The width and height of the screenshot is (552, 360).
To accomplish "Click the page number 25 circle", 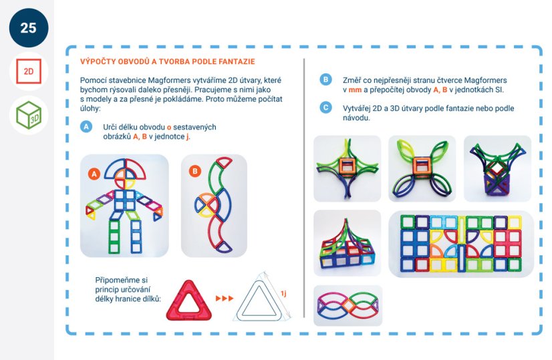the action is (29, 28).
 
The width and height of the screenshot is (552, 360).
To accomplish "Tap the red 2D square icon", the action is (29, 71).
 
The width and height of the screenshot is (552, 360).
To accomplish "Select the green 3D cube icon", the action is (29, 115).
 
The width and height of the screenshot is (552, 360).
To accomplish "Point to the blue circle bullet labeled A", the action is (86, 127).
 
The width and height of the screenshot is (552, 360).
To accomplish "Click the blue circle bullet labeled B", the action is (325, 79).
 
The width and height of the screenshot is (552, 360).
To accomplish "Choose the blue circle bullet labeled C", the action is (325, 108).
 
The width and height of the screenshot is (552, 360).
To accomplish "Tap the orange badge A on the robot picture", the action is (94, 174).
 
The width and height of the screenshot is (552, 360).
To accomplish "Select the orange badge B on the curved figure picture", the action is (194, 172).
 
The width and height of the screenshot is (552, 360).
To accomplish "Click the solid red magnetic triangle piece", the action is (189, 301).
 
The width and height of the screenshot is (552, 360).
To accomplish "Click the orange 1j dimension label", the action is (283, 293).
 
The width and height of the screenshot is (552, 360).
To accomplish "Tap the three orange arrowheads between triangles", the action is (225, 299).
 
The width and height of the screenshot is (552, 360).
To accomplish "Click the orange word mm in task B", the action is (355, 89).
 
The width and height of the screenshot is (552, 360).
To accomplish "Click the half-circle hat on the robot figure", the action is (124, 168).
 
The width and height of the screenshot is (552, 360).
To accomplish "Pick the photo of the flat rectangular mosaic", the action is (461, 244).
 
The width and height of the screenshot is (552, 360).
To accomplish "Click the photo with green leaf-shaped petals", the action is (422, 168).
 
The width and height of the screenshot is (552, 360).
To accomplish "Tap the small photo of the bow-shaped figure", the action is (348, 305).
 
